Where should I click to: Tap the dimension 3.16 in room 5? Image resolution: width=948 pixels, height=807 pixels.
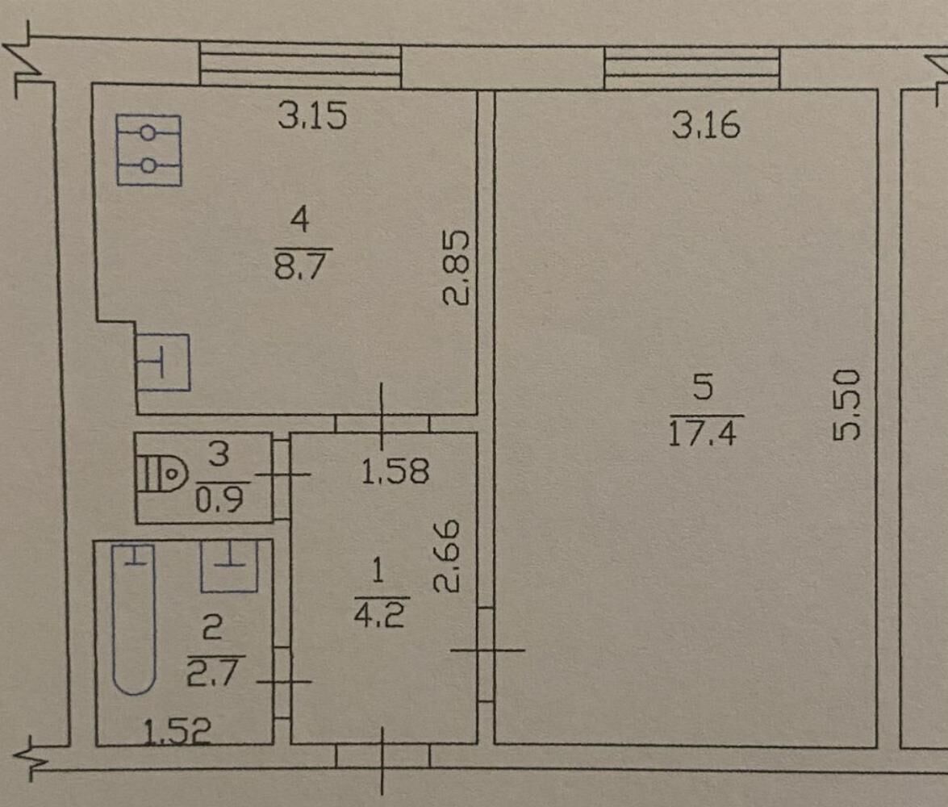[706, 125]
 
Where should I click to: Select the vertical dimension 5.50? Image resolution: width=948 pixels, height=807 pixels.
[846, 406]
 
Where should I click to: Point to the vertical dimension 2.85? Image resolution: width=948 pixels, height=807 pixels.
[456, 268]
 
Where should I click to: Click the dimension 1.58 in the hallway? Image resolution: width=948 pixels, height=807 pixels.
[395, 471]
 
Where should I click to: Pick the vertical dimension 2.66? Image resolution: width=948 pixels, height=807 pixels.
[448, 556]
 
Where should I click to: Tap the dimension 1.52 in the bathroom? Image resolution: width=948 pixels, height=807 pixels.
[177, 731]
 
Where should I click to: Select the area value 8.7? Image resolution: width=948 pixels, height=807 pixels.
[300, 266]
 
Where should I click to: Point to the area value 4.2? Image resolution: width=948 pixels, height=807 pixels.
[378, 613]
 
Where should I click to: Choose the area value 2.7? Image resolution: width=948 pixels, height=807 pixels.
[212, 673]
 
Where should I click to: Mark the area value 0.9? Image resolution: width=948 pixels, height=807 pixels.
[219, 500]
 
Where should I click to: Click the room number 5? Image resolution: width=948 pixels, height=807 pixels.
[704, 387]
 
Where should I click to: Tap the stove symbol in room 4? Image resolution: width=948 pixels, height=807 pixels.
[148, 150]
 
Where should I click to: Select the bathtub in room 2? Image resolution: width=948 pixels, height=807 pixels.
[134, 619]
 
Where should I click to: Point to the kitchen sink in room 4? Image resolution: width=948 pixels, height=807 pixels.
[162, 362]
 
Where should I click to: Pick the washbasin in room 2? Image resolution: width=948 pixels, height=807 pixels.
[229, 566]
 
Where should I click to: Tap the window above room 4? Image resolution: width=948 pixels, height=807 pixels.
[300, 64]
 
